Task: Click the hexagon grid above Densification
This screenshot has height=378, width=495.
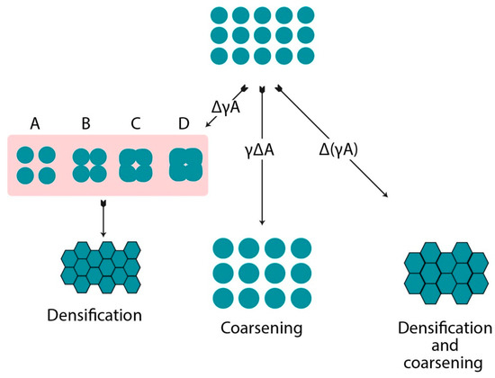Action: (x=101, y=267)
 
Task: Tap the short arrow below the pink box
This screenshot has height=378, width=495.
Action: (x=103, y=219)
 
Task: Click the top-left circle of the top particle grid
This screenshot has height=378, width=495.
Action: (x=216, y=15)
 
